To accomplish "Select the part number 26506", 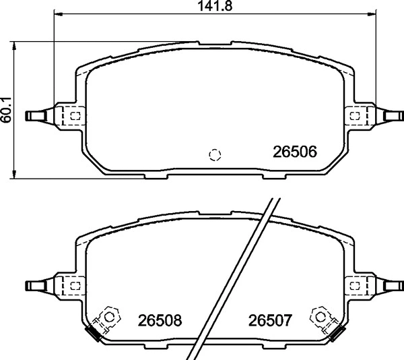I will [295, 152].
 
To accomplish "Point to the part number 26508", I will [160, 320].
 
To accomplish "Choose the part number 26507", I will [269, 320].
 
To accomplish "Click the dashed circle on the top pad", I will [215, 154].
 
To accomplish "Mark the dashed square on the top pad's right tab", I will [355, 116].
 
